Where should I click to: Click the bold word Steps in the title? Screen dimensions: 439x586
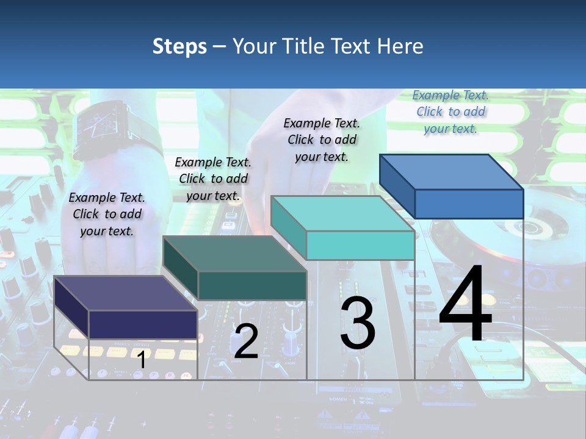tap(179, 46)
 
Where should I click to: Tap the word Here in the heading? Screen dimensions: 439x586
tap(400, 46)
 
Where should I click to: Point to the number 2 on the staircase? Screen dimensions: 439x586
tap(246, 341)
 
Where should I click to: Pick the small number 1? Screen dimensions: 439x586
tap(142, 360)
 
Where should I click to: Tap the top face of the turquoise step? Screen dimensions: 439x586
tap(342, 213)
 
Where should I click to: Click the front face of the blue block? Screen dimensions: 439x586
tap(469, 204)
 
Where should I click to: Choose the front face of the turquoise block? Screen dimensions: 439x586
tap(360, 246)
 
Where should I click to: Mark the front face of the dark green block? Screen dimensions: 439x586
tap(252, 285)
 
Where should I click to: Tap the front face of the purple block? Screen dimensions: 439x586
tap(143, 324)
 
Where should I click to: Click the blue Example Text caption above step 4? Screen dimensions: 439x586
tap(450, 112)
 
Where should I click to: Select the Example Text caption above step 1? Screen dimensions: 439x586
tap(107, 214)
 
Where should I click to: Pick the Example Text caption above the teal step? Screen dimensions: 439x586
tap(322, 140)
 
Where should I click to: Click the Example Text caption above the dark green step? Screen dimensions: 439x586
tap(213, 179)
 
